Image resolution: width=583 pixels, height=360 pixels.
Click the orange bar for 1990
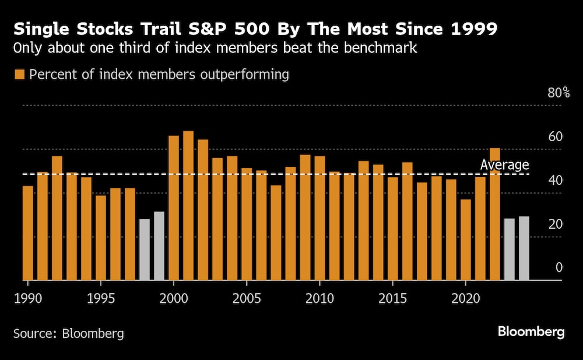pyautogui.click(x=28, y=233)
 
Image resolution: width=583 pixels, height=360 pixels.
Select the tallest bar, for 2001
pyautogui.click(x=188, y=205)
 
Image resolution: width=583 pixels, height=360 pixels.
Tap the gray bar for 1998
pyautogui.click(x=145, y=250)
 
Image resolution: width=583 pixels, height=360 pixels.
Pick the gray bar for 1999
pyautogui.click(x=159, y=246)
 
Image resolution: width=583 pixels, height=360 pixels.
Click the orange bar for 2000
pyautogui.click(x=174, y=208)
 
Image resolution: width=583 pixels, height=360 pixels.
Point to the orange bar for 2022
pyautogui.click(x=495, y=214)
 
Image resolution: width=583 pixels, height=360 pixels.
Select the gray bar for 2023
pyautogui.click(x=510, y=250)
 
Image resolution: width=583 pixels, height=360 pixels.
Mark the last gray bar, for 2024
pyautogui.click(x=524, y=249)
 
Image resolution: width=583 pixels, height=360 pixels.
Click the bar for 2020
pyautogui.click(x=466, y=240)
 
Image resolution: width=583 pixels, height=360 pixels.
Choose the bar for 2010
pyautogui.click(x=319, y=218)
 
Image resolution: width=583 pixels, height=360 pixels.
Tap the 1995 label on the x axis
pyautogui.click(x=101, y=298)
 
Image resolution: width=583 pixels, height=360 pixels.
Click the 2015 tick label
pyautogui.click(x=392, y=298)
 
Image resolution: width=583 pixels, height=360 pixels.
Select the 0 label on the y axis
pyautogui.click(x=559, y=268)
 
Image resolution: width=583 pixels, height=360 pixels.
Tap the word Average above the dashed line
pyautogui.click(x=504, y=165)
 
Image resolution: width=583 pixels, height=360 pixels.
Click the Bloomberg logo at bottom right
pyautogui.click(x=531, y=332)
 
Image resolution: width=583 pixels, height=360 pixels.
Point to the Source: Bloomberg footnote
pyautogui.click(x=69, y=334)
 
